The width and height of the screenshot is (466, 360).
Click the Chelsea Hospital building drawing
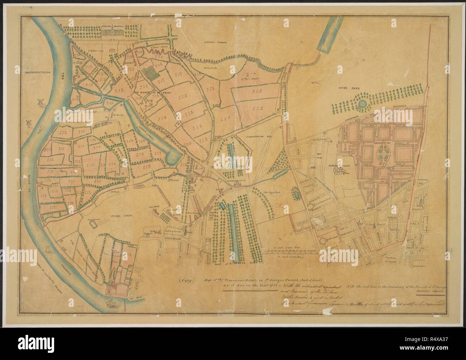[115, 33]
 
